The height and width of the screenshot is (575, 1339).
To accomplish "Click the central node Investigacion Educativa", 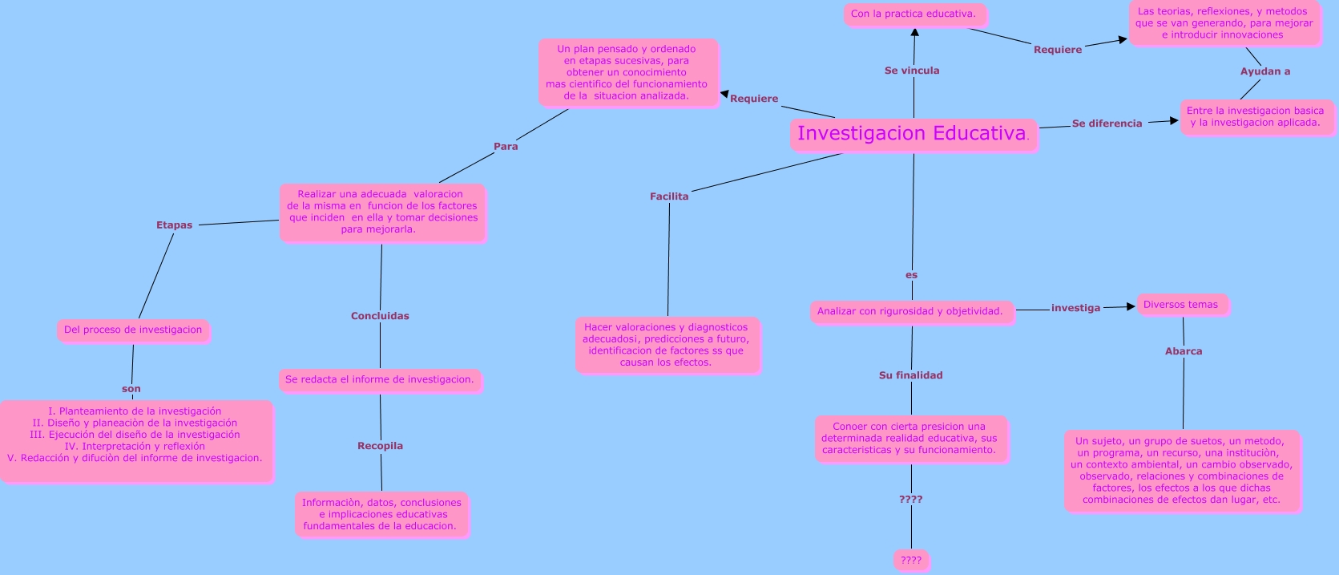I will [913, 134].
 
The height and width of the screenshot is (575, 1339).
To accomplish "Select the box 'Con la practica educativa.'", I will [914, 14].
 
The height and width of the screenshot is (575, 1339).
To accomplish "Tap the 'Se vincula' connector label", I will [912, 71].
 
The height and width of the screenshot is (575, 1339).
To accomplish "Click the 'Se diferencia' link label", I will [1107, 124].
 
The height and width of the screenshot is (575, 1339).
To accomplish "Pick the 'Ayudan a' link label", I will [1265, 71].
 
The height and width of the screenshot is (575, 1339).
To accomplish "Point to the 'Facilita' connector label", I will [669, 196].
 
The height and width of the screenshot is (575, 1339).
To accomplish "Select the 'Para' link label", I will [506, 147].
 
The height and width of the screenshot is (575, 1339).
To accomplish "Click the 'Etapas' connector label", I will [174, 225].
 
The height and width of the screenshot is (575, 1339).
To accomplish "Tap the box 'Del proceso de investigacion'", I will [133, 330].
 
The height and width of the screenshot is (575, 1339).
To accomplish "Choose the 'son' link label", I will [131, 389].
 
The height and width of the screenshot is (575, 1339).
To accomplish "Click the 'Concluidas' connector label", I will [380, 316].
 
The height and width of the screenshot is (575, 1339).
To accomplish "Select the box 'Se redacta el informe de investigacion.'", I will [380, 379].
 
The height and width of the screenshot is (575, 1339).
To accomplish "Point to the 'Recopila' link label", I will [380, 446].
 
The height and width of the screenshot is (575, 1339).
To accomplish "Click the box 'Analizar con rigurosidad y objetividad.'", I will [910, 311].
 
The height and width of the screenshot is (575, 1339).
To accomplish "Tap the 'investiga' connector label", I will [1075, 308].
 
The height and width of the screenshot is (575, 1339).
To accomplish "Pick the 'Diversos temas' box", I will [1180, 305].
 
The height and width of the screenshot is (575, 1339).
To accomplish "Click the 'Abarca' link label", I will [1184, 351].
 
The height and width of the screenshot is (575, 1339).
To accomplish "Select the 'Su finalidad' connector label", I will [910, 375].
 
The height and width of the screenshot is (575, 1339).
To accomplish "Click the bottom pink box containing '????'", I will [911, 561].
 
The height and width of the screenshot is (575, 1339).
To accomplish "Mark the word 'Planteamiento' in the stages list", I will [92, 411].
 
